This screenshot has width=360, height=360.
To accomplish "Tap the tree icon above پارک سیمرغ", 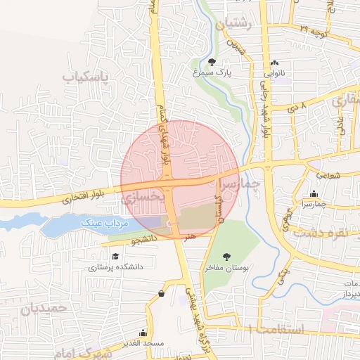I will (x=213, y=61).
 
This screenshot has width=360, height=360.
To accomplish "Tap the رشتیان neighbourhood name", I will (x=234, y=23).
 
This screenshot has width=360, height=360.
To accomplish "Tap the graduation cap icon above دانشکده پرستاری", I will (x=116, y=257).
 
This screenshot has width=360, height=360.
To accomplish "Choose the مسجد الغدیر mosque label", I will (x=143, y=342).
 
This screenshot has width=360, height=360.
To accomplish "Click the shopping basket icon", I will (x=162, y=293).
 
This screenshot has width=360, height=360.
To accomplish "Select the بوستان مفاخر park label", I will (x=226, y=268).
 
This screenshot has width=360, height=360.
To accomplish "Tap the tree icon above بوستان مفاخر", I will (x=226, y=257).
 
